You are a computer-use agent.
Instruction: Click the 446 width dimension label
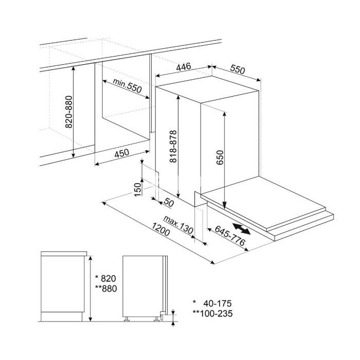184,66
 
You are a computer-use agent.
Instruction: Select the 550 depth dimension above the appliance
238,69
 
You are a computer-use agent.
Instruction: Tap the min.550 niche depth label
127,86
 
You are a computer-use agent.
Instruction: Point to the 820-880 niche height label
69,112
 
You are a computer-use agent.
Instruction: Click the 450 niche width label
122,153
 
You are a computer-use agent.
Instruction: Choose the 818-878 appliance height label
173,147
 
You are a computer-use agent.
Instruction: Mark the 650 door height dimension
220,157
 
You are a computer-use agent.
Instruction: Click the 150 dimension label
137,189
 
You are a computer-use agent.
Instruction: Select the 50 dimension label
169,203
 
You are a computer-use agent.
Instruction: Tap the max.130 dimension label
178,225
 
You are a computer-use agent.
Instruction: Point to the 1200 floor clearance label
160,229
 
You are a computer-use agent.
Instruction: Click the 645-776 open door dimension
230,236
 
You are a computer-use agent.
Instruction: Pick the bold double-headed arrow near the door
241,229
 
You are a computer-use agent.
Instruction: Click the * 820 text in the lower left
105,279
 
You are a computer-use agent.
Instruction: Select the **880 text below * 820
106,289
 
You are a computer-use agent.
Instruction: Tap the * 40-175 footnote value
212,303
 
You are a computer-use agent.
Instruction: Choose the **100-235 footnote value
212,313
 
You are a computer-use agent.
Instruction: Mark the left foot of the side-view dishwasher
127,319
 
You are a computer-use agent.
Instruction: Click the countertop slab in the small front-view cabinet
64,254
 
